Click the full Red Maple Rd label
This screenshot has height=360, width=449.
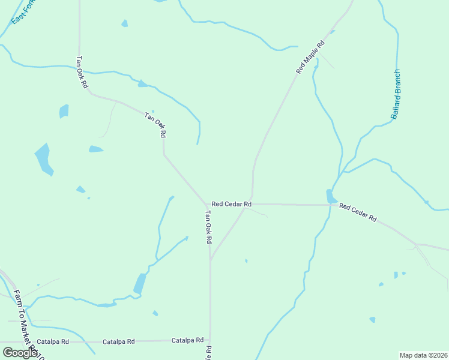coord(310,57)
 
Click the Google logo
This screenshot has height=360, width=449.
coord(20,353)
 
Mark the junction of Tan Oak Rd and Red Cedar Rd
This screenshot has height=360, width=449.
coord(208,204)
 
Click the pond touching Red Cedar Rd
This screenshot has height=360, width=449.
coord(330,196)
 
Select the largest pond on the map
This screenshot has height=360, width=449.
coord(43,158)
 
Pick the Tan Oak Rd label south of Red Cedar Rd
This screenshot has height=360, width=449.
coord(208,226)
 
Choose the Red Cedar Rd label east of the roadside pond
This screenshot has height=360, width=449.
coord(357,212)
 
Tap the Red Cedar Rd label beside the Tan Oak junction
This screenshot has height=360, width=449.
coord(231,204)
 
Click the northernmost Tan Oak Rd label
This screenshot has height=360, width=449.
coord(82,73)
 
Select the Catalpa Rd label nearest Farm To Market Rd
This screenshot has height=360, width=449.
coord(53,341)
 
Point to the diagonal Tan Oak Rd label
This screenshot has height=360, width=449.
coord(155,125)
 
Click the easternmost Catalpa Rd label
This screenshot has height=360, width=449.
coord(187,340)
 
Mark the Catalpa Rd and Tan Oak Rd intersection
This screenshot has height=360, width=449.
coord(210,340)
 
